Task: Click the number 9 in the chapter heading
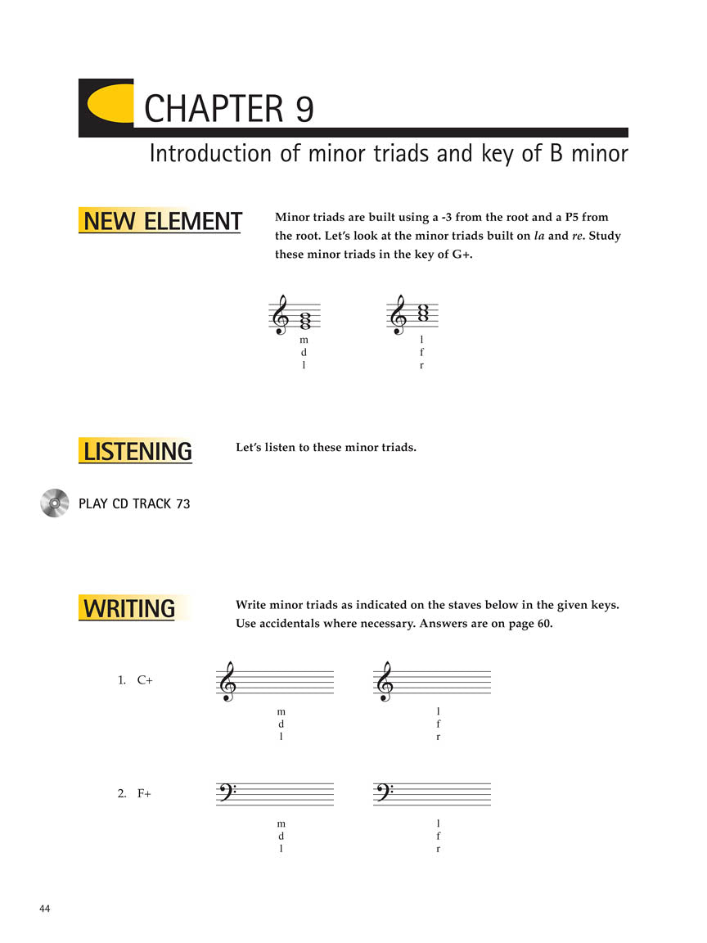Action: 304,109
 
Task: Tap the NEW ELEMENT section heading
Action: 162,222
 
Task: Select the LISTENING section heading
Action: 137,451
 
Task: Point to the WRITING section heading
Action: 128,608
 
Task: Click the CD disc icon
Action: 54,503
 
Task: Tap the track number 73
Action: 182,504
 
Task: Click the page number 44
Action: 45,909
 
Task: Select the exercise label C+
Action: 145,679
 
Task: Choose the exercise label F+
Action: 144,792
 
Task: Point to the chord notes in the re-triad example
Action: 423,313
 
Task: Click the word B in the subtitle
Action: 556,154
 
